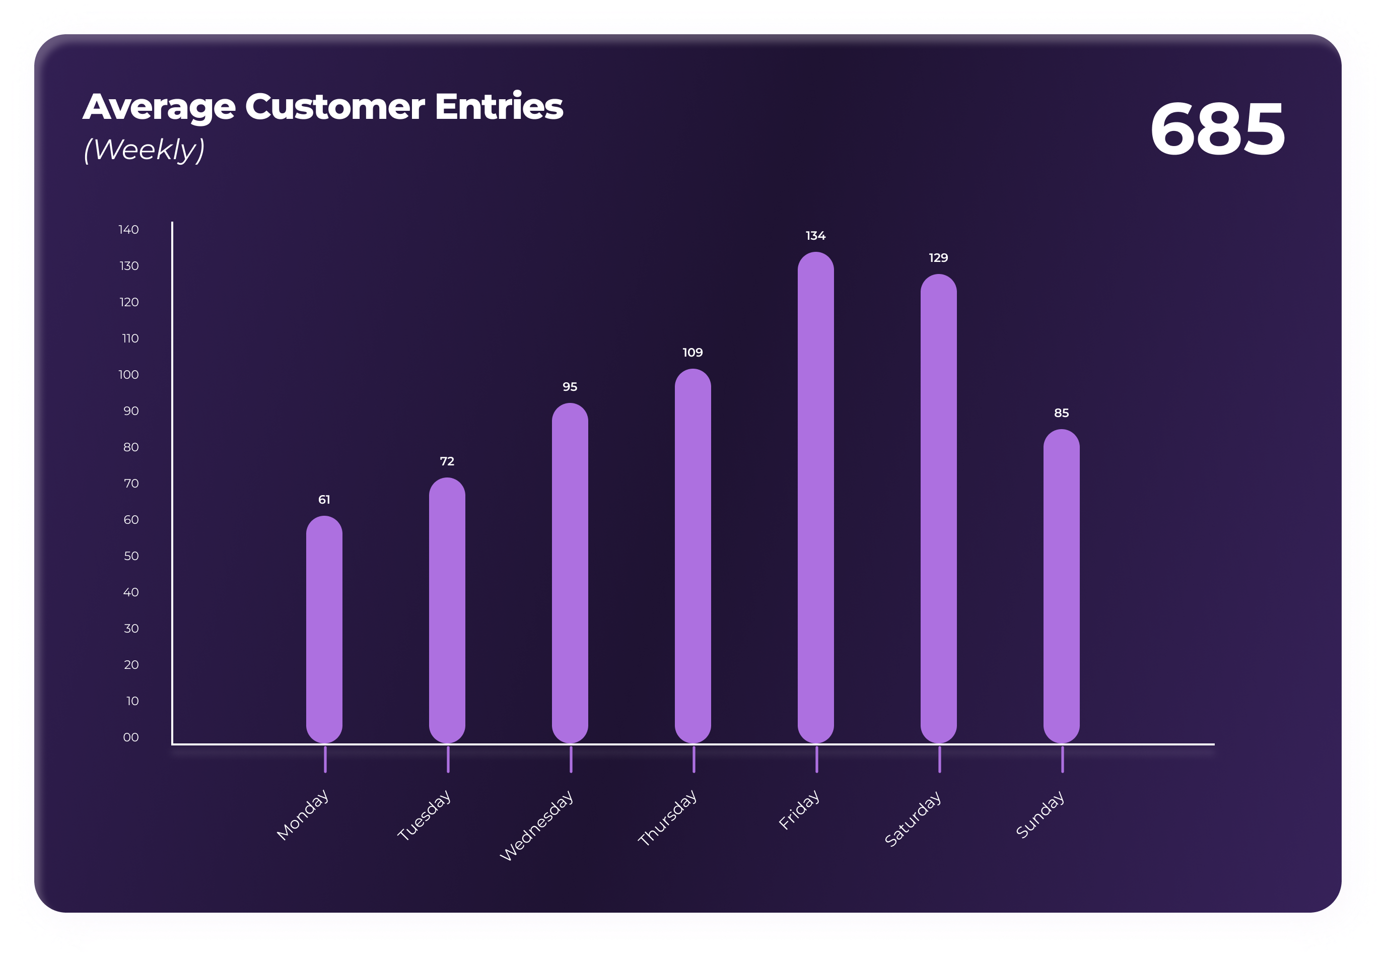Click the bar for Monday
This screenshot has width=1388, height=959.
[324, 629]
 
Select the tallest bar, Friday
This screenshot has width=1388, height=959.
[815, 497]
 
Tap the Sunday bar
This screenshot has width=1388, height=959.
[1061, 586]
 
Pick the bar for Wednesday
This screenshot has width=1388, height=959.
[570, 573]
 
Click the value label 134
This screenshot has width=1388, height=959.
[815, 236]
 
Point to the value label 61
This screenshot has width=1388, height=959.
[324, 499]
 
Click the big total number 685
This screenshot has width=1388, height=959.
[1217, 128]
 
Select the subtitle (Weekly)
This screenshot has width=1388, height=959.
[144, 149]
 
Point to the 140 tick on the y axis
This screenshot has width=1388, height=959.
[128, 230]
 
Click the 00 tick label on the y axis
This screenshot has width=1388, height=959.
[130, 737]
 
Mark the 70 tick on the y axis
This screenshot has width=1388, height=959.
[131, 483]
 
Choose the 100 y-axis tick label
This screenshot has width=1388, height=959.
[128, 374]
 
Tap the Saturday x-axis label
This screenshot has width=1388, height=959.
[912, 818]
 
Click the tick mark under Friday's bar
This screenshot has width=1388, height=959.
[816, 759]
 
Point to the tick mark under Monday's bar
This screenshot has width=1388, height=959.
[325, 759]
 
